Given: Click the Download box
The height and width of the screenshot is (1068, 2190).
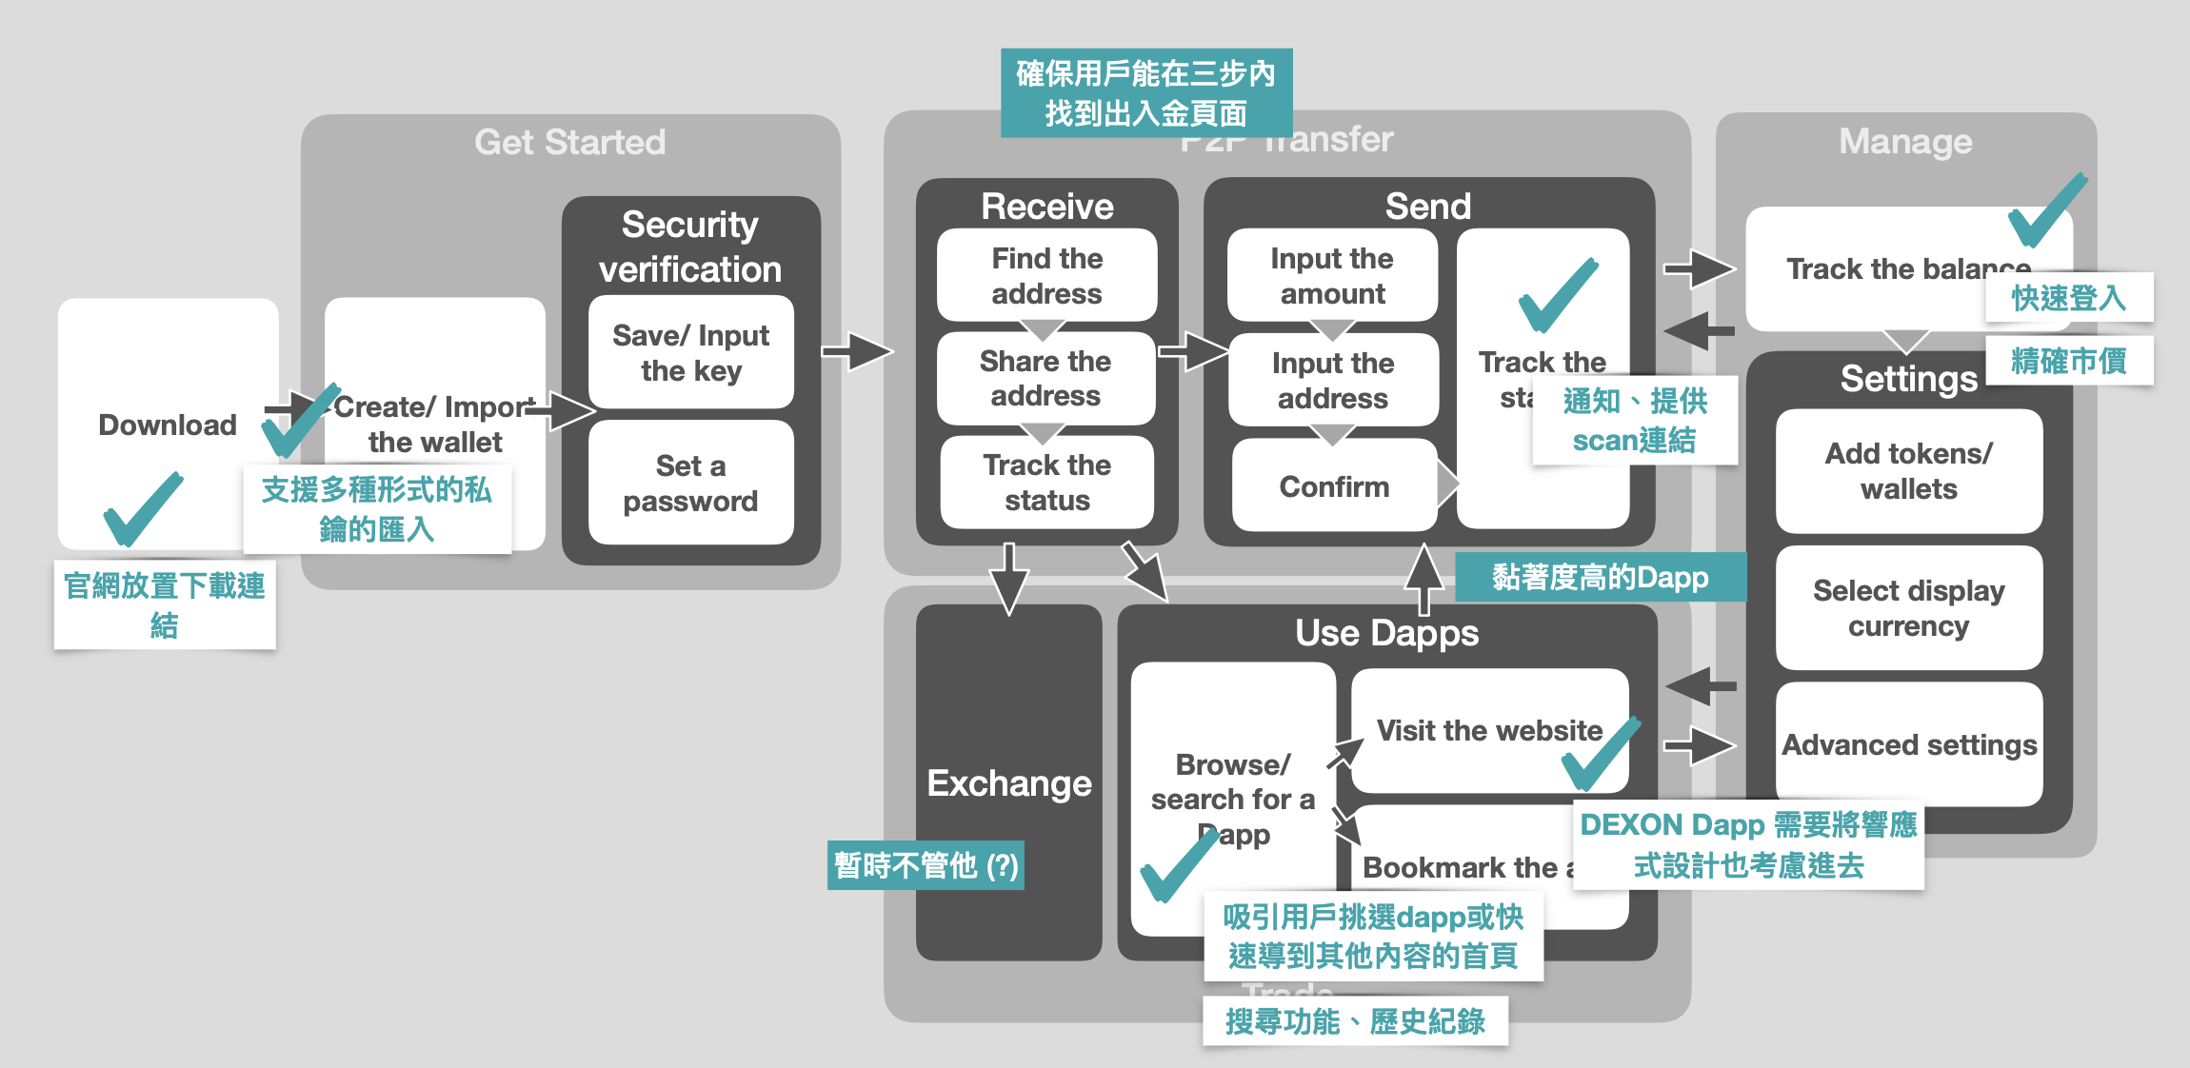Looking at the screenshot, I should (168, 425).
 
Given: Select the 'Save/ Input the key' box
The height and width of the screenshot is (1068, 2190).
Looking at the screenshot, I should (691, 352).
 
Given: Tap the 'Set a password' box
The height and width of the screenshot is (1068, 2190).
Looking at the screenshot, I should (691, 483).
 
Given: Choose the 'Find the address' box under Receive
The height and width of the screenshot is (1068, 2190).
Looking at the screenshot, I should (1046, 275).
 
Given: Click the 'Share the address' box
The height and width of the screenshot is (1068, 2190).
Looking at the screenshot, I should (1045, 378).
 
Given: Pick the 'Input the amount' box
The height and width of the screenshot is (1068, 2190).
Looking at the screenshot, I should (1332, 275).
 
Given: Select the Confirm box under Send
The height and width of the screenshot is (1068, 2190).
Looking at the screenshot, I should (1334, 486).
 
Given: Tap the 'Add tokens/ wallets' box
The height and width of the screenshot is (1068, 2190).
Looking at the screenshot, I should (1908, 471).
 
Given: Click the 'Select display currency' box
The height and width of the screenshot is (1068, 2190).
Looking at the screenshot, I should (1908, 607).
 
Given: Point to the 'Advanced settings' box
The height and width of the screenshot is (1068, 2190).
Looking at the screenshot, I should (1909, 744).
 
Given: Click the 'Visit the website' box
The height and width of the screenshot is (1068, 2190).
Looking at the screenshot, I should (1489, 730).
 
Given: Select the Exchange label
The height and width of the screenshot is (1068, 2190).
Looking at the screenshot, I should (1009, 783).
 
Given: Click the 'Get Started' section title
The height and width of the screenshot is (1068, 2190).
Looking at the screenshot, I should (569, 142).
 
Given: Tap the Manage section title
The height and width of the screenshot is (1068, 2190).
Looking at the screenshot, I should (1905, 142).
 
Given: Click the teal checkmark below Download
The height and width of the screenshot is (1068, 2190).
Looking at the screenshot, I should (142, 509).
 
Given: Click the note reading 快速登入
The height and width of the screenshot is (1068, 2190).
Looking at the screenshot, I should (2068, 298).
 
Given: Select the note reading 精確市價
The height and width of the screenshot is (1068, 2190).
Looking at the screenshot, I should (2068, 361).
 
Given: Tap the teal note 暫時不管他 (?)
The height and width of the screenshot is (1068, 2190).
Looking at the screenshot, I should (926, 865).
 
